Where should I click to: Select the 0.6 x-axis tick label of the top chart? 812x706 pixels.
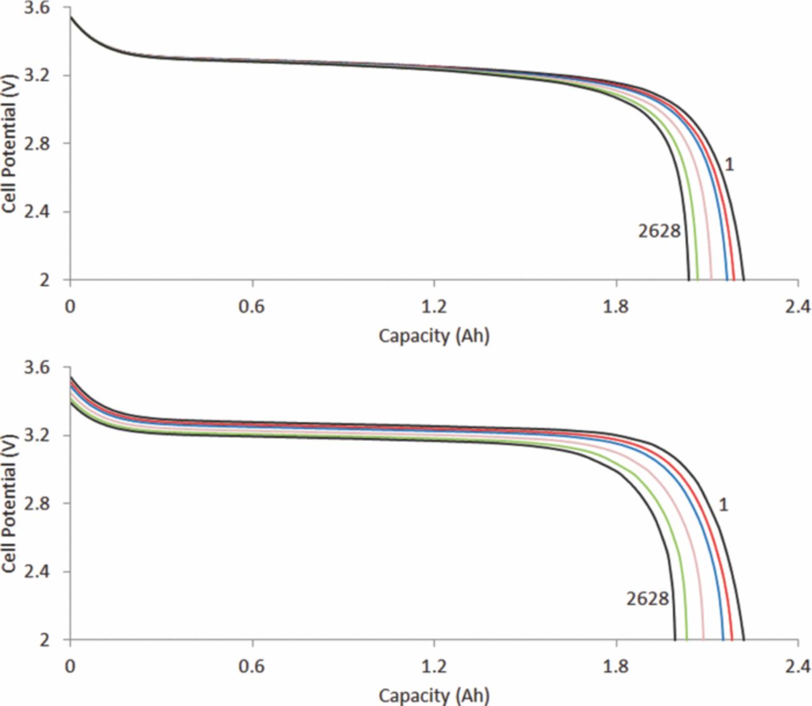tap(252, 307)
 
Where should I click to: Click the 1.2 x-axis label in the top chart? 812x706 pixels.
tap(434, 307)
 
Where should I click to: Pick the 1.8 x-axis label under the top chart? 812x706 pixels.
tap(616, 307)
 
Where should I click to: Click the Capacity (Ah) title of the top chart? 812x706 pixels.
tap(434, 335)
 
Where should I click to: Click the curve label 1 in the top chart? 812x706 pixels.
tap(729, 165)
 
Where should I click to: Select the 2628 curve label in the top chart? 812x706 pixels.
tap(659, 231)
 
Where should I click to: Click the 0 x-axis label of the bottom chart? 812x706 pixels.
tap(70, 667)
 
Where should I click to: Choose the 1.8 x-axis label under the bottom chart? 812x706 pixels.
tap(616, 667)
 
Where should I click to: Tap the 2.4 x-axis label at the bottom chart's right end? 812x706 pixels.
tap(797, 667)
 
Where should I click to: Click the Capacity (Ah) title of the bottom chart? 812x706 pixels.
tap(434, 695)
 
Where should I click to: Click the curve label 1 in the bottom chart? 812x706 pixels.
tap(723, 504)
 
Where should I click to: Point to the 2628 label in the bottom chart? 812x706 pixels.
tap(647, 598)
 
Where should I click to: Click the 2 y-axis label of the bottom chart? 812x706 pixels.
tap(44, 640)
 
